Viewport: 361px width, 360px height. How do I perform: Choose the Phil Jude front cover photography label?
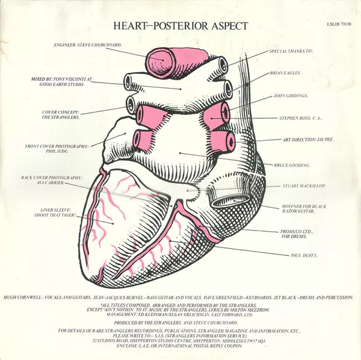(57, 149)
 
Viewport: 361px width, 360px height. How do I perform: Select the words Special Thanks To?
(292, 52)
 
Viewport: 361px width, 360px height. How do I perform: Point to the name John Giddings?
(291, 96)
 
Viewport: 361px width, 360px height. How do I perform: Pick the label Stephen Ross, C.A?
(299, 118)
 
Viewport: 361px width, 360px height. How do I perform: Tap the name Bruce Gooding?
(292, 164)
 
